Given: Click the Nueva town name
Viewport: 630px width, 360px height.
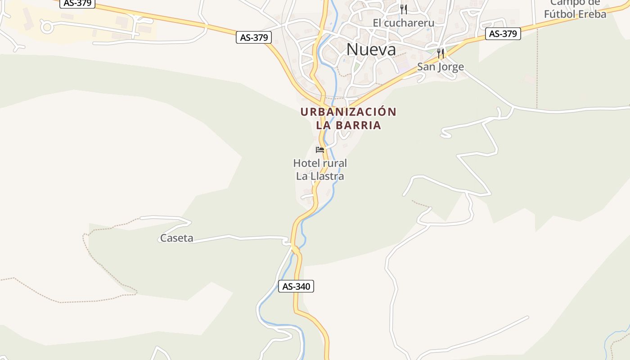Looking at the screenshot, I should pos(371,49).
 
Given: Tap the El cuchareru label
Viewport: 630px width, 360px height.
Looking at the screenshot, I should pos(403,23).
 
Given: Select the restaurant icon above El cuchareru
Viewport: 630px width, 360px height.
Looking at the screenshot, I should pos(403,9).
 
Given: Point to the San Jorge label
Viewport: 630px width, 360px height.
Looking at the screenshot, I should pos(440,67).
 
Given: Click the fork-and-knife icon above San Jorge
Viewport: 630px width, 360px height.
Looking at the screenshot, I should pos(441,54).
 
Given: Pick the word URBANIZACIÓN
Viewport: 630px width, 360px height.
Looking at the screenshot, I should pos(348,112).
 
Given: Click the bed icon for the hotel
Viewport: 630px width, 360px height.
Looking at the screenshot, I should pos(320,149).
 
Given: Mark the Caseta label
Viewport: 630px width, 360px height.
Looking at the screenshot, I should pos(176,238).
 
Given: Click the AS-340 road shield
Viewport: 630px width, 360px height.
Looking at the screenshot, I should pos(296,286).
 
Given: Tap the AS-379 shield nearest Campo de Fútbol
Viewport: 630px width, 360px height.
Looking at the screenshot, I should pos(503,34).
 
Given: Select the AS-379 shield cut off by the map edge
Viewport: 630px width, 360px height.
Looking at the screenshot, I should pos(77,3).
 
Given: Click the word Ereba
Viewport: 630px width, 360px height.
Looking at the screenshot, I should pos(593,14).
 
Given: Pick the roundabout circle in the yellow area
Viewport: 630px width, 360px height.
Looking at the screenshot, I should pos(47,27).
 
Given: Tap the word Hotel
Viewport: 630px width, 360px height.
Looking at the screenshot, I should pos(306,163).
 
